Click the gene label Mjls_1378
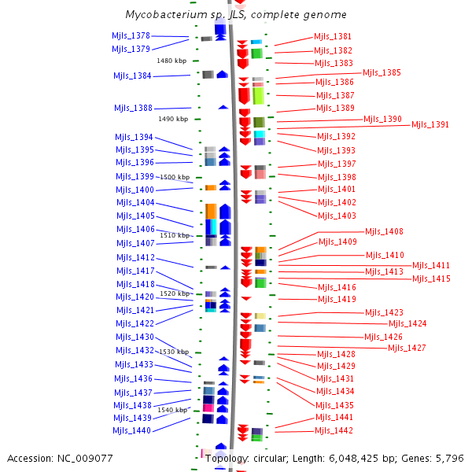131,36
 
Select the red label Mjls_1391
430,124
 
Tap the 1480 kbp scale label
171,61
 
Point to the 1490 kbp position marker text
173,119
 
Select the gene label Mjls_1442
334,431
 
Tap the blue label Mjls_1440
131,431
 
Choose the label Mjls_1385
382,73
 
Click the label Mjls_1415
431,278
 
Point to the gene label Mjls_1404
135,202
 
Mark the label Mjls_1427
407,348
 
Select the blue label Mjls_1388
134,108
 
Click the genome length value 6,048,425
353,459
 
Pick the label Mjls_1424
407,323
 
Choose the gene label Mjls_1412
135,258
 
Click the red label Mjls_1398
337,177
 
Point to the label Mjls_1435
334,405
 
